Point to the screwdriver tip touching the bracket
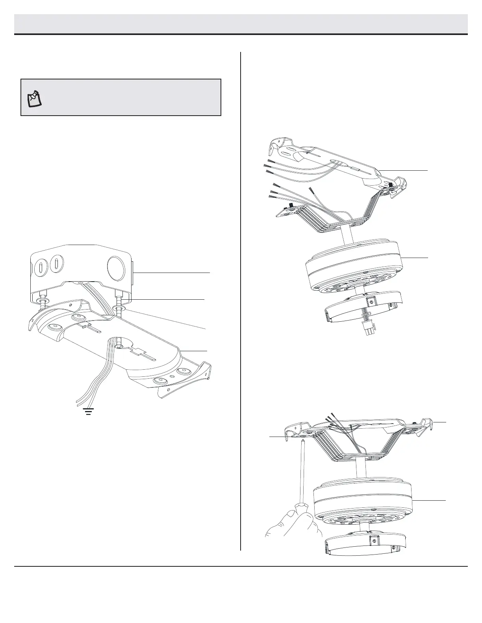coord(302,441)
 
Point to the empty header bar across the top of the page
coord(241,24)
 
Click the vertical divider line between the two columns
coord(240,299)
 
